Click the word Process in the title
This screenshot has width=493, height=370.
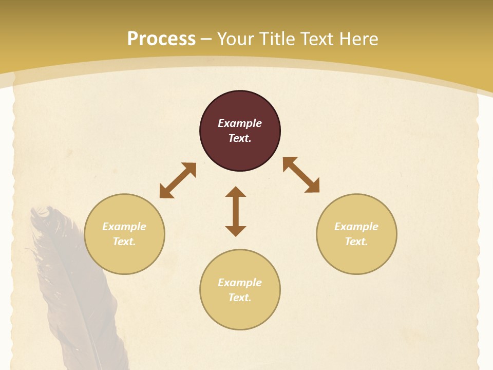pyautogui.click(x=161, y=39)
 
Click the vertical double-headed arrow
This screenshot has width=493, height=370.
pyautogui.click(x=236, y=212)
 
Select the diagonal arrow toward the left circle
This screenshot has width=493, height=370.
pyautogui.click(x=178, y=180)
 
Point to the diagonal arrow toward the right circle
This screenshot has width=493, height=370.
pyautogui.click(x=301, y=175)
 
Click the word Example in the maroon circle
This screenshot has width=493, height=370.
pyautogui.click(x=240, y=123)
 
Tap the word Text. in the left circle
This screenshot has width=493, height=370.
pyautogui.click(x=124, y=242)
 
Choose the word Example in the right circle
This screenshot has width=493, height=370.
pyautogui.click(x=356, y=227)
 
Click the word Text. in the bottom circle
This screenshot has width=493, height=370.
pyautogui.click(x=240, y=298)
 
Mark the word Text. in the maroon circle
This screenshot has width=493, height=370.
pyautogui.click(x=240, y=138)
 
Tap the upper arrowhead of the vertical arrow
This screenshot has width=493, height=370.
pyautogui.click(x=236, y=192)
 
